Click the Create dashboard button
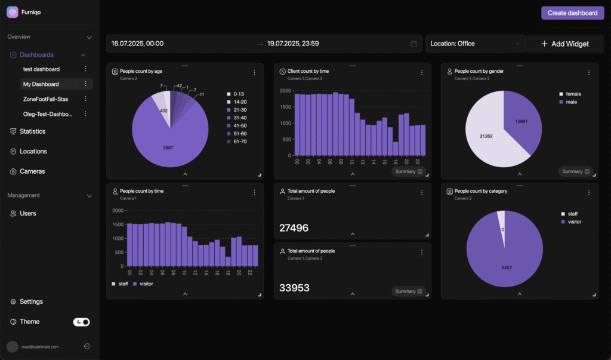tap(572, 13)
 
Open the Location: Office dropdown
tap(475, 44)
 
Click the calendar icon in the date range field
tap(414, 44)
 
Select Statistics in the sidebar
tap(32, 131)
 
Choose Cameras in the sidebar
tap(32, 171)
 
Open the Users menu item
tap(27, 213)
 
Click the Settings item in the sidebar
tap(31, 301)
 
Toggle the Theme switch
tap(81, 322)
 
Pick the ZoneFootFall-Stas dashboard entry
tap(45, 99)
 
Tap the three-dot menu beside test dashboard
tap(85, 69)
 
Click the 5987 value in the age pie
tap(168, 147)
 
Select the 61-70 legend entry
tap(239, 141)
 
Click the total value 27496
tap(294, 227)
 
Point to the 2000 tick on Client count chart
tap(285, 91)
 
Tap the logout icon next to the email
tap(87, 346)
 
